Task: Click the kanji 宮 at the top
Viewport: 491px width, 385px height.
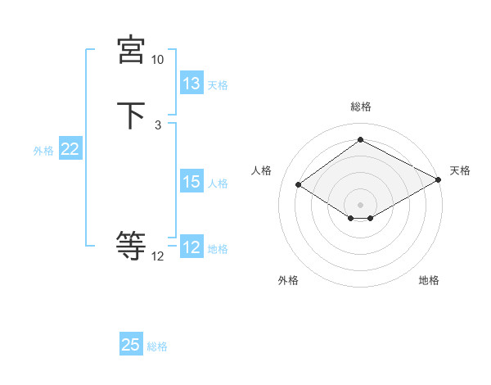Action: point(131,51)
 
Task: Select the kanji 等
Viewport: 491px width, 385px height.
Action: point(131,245)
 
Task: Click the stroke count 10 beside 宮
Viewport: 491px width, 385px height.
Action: point(158,60)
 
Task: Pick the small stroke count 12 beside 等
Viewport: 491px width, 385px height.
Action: point(158,256)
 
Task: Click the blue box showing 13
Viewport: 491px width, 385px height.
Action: point(191,84)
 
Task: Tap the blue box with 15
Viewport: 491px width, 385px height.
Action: point(191,182)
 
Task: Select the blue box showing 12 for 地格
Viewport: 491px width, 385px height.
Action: point(191,247)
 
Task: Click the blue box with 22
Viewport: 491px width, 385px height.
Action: point(70,149)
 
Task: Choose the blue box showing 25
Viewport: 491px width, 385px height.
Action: point(131,345)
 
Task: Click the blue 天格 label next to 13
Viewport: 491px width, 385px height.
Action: point(218,85)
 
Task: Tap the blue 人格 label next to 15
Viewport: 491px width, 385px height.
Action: point(218,183)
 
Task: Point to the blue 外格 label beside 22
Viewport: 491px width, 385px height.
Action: point(43,151)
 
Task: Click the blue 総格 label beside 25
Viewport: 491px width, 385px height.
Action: point(157,346)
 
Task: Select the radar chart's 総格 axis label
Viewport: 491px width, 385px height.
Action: point(361,106)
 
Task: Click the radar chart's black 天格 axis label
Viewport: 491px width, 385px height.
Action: point(460,170)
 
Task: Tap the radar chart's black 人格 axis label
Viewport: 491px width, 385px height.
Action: point(262,170)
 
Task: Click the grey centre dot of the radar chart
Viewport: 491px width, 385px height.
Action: point(361,204)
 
